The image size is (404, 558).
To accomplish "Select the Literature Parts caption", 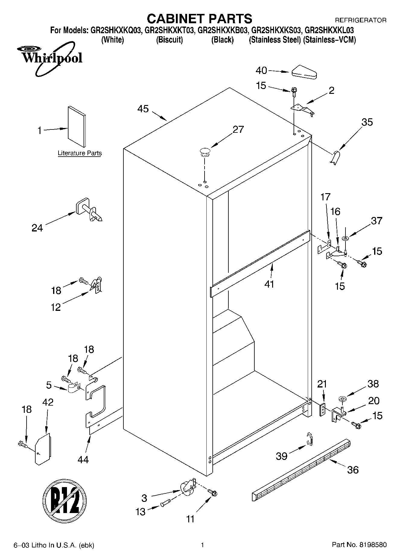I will (x=80, y=153).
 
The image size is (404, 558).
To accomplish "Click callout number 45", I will (x=143, y=109).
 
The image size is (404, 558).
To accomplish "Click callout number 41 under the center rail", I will (x=269, y=284).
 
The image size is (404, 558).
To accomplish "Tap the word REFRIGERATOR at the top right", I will (x=361, y=21).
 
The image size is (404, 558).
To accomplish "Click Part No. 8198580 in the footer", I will (x=359, y=545).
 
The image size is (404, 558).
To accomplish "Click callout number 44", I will (x=83, y=459).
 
